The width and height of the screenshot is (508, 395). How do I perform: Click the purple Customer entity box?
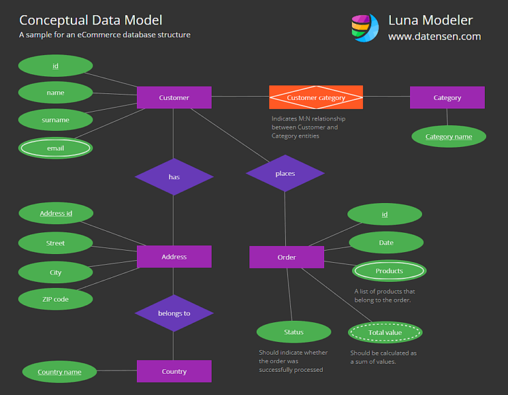(x=174, y=97)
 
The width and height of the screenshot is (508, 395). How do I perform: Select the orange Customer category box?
(x=316, y=97)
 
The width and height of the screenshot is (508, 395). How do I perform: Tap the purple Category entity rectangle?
(x=447, y=97)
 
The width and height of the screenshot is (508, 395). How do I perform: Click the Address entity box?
(x=174, y=257)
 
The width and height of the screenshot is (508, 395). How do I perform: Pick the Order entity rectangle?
(x=286, y=257)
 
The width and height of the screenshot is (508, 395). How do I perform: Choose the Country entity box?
(x=174, y=371)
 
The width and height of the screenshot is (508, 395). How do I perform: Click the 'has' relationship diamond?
(x=174, y=177)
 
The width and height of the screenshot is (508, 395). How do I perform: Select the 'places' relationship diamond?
(x=285, y=173)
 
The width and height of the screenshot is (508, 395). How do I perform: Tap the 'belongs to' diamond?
(x=174, y=313)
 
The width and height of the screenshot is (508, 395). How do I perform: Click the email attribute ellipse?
(x=56, y=148)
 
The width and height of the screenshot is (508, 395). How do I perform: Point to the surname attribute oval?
(x=56, y=120)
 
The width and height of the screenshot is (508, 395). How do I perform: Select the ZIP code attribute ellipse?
(x=56, y=299)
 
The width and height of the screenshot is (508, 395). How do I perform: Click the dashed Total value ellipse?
(x=385, y=332)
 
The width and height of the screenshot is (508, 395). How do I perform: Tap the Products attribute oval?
(x=389, y=271)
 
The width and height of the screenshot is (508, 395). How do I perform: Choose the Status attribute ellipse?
(x=294, y=331)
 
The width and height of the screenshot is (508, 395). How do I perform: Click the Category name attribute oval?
(x=448, y=136)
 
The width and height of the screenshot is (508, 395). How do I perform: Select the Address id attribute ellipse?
(x=56, y=213)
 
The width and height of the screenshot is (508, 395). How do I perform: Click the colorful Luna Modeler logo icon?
(x=364, y=28)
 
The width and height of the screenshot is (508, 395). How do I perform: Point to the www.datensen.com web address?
(x=434, y=36)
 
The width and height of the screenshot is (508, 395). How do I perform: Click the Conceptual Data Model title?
(x=91, y=21)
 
